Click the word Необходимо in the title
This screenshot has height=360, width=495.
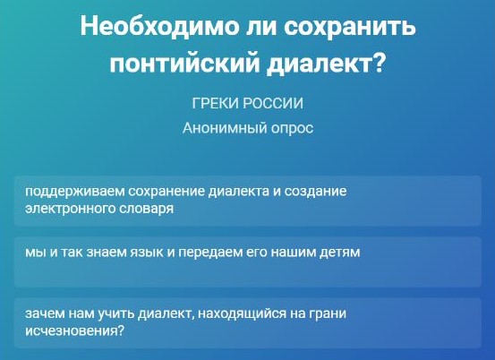pos(159,26)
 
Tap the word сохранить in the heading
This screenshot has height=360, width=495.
pos(350,27)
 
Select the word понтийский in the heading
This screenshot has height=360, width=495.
pos(184,64)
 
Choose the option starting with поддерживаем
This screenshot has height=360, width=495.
pos(248,201)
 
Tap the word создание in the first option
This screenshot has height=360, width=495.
pos(315,192)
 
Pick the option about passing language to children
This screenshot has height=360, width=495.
pos(248,262)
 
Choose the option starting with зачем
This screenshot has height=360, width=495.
pos(248,323)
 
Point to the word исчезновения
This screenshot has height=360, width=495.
pos(75,331)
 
